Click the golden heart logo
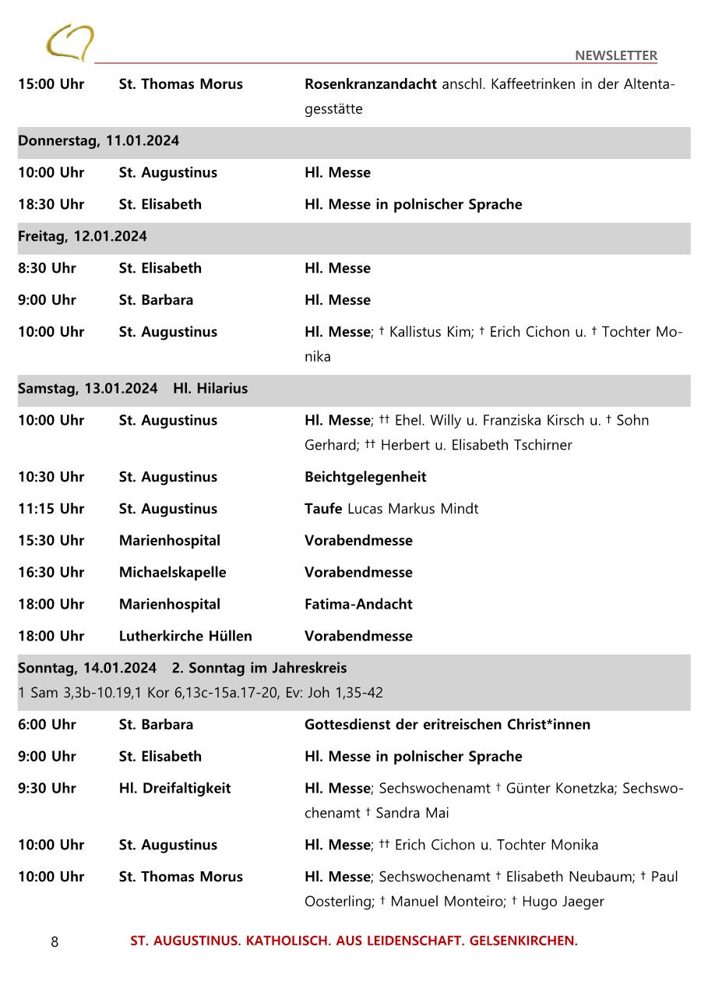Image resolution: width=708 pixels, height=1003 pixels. point(69,42)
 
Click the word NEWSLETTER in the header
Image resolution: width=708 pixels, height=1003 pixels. point(615,55)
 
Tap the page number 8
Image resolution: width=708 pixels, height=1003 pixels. point(55,942)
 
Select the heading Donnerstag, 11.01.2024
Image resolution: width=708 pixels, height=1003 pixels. point(99,141)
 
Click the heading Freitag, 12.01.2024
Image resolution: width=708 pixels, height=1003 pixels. point(83,236)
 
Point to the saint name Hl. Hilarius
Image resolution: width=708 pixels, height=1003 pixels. point(210,388)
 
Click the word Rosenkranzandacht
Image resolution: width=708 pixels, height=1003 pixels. point(370,84)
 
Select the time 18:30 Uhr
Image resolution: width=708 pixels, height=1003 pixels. point(51,204)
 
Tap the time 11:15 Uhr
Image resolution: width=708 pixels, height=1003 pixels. point(51,509)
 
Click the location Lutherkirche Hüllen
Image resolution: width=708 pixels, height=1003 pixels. point(185,636)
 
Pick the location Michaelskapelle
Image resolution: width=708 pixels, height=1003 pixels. point(172,572)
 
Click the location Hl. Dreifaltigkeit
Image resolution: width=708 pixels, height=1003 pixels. point(174,788)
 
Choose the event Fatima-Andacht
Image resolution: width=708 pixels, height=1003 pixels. point(358,604)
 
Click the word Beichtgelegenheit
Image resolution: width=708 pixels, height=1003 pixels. point(365,477)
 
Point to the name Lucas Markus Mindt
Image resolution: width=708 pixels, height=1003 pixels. point(413,509)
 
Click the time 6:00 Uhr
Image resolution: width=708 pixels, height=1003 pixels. point(48,724)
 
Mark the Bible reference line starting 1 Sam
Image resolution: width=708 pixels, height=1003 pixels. point(200,693)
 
